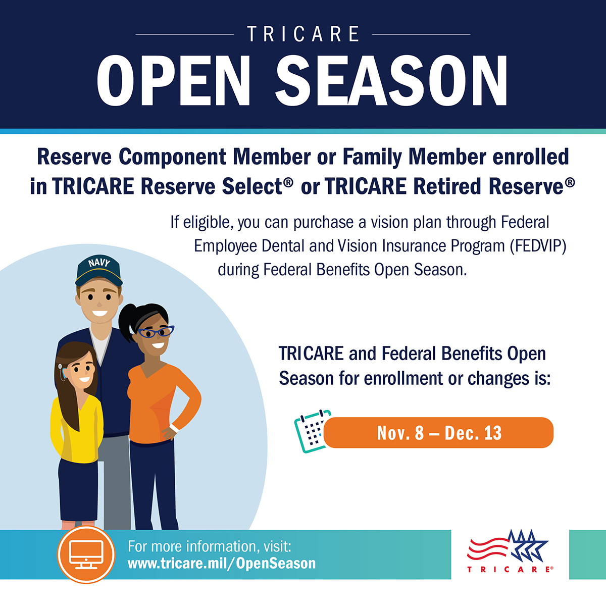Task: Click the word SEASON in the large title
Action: pyautogui.click(x=391, y=81)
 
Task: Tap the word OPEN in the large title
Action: pyautogui.click(x=174, y=81)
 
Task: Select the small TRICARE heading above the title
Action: pyautogui.click(x=303, y=34)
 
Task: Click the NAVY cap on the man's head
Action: pyautogui.click(x=99, y=270)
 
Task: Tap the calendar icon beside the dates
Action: pyautogui.click(x=310, y=430)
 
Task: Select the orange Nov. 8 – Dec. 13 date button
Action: pyautogui.click(x=438, y=433)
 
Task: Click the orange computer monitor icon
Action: pyautogui.click(x=86, y=554)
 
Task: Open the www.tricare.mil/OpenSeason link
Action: pyautogui.click(x=222, y=563)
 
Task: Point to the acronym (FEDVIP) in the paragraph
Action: pyautogui.click(x=538, y=246)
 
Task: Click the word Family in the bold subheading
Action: pyautogui.click(x=373, y=157)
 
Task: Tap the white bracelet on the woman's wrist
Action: pyautogui.click(x=175, y=428)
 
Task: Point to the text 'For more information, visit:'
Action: pyautogui.click(x=209, y=546)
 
